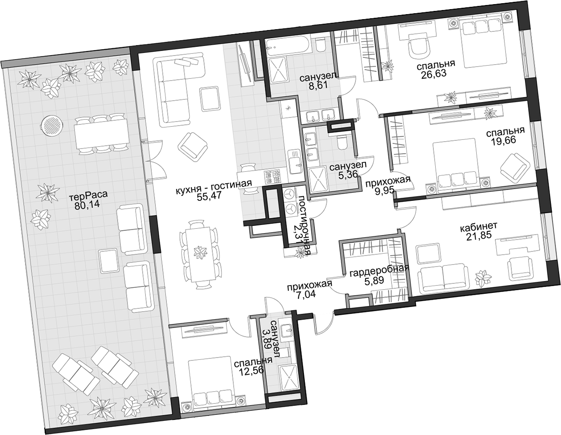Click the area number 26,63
tap(433, 74)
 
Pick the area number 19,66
tap(504, 141)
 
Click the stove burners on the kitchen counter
tap(272, 177)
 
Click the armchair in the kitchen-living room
tap(193, 150)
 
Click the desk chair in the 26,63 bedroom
tap(418, 47)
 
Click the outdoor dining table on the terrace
tap(102, 135)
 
